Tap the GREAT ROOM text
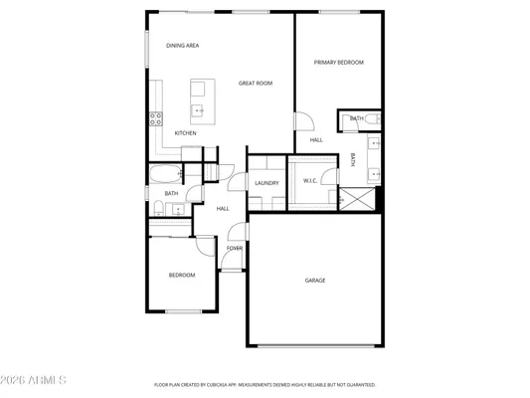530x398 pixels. tap(256, 84)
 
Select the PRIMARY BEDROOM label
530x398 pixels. tap(339, 63)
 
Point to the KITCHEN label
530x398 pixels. tap(185, 132)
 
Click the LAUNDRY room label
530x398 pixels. tap(265, 183)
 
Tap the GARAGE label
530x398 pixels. tap(314, 281)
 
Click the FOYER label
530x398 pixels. tap(234, 248)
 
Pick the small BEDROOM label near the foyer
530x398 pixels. tap(181, 275)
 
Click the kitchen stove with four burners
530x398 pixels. tap(156, 119)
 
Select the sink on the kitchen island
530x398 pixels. tap(198, 109)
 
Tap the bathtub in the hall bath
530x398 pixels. tap(162, 176)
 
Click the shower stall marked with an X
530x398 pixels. tap(359, 199)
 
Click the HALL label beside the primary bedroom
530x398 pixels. tap(316, 140)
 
